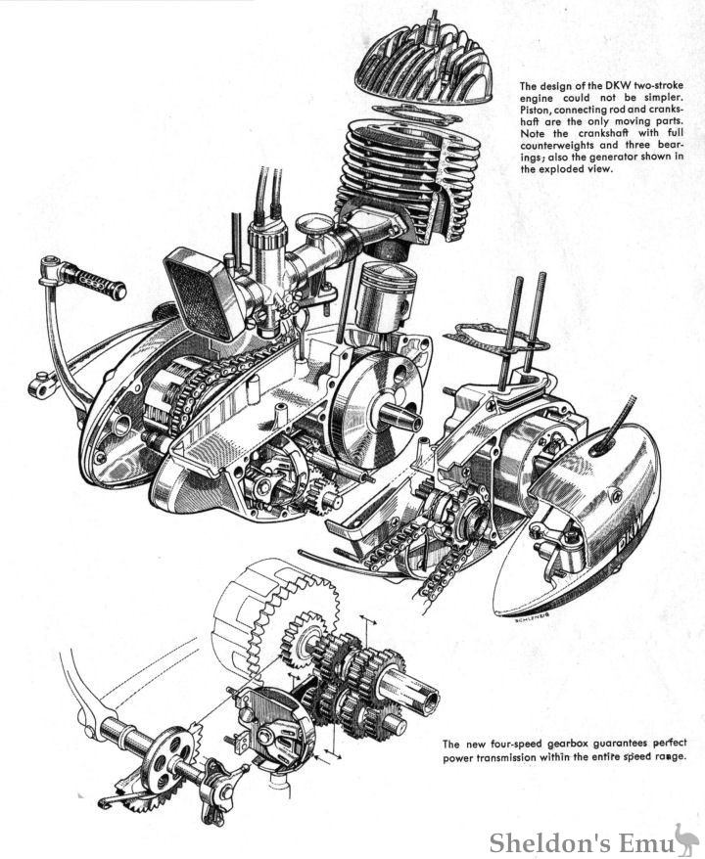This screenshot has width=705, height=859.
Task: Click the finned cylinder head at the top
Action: pyautogui.click(x=425, y=73)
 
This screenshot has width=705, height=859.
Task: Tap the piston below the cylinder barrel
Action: pyautogui.click(x=385, y=297)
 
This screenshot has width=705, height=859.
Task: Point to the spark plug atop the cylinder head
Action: pyautogui.click(x=433, y=22)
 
